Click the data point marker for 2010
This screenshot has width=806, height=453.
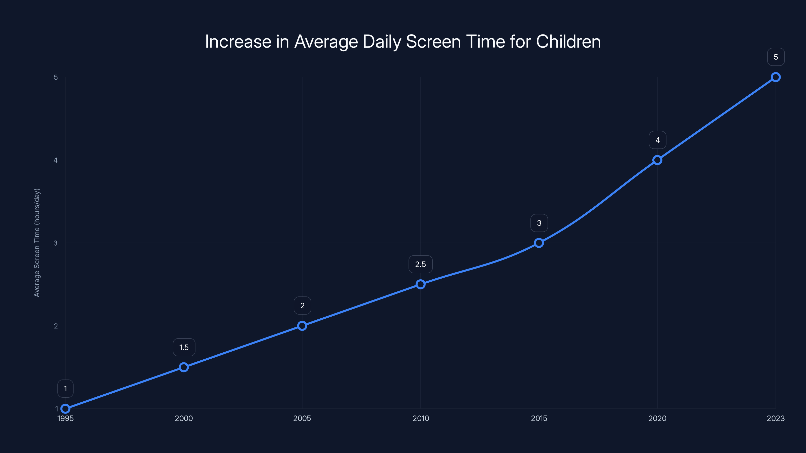click(x=421, y=284)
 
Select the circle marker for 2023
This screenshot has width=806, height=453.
click(x=776, y=77)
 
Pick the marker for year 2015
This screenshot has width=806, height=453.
click(x=539, y=243)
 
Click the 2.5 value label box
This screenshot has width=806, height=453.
click(x=421, y=264)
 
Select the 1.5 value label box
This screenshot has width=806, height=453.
click(x=184, y=347)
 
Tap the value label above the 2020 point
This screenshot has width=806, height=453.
click(x=657, y=140)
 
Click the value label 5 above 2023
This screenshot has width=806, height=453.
click(x=776, y=57)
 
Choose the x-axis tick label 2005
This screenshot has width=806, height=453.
click(x=302, y=418)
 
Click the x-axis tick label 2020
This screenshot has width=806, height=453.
click(x=657, y=418)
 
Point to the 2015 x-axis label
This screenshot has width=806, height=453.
click(x=539, y=418)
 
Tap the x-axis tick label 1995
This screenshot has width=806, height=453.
click(x=65, y=418)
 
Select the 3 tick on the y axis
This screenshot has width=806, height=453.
click(x=56, y=243)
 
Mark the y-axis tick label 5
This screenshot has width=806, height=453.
click(x=56, y=77)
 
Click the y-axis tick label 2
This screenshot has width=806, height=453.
click(x=56, y=326)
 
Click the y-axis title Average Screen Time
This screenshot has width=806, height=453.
click(x=37, y=243)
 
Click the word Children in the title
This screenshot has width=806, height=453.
click(x=568, y=41)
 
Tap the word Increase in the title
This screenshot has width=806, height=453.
click(x=238, y=41)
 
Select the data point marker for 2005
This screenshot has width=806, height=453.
click(x=302, y=326)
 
